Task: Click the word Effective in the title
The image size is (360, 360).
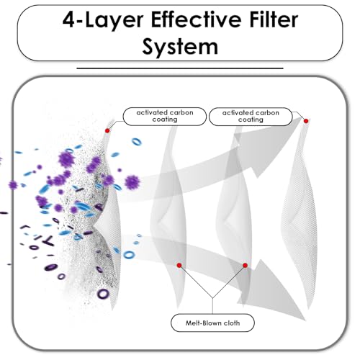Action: (x=196, y=19)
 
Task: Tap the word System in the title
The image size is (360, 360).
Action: (x=180, y=47)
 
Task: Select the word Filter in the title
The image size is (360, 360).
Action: (x=274, y=19)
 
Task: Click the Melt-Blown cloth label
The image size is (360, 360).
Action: (x=212, y=323)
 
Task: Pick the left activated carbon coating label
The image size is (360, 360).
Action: (x=165, y=117)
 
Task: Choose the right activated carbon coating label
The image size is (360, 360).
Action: (x=251, y=117)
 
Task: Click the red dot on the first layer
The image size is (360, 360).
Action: (x=107, y=131)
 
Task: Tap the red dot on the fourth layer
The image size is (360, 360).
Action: (x=306, y=121)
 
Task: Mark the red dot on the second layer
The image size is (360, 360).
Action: (x=179, y=265)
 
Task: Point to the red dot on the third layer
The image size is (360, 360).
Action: (x=245, y=265)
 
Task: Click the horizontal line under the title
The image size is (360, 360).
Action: (x=180, y=68)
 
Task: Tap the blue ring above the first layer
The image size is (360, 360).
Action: (x=136, y=142)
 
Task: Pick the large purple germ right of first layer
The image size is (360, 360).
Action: (x=132, y=182)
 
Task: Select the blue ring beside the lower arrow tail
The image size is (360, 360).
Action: (x=129, y=255)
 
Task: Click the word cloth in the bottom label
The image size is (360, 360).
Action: (x=232, y=323)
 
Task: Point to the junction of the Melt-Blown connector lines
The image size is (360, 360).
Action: (x=212, y=298)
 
